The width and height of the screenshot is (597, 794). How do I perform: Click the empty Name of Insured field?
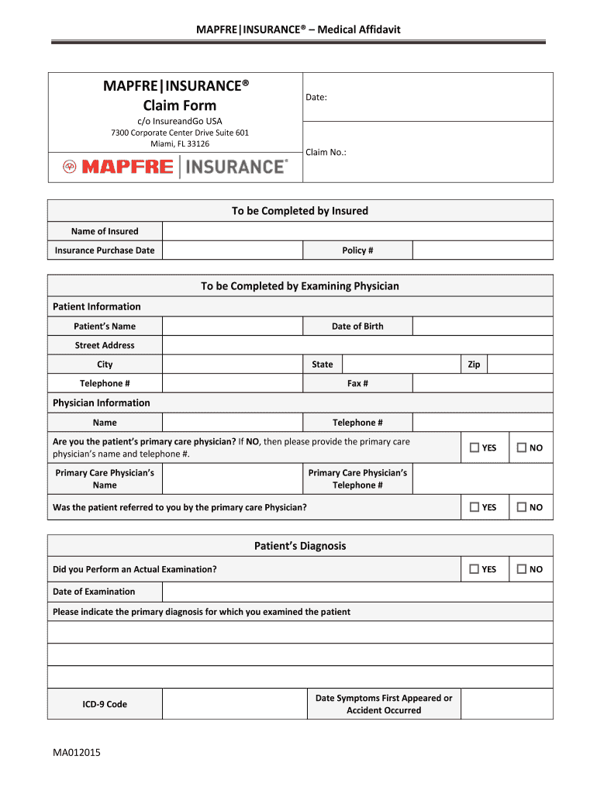357,231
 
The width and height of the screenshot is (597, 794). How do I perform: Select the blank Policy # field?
482,250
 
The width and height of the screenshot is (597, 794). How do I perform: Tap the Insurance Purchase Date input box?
232,250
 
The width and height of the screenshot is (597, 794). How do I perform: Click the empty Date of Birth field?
482,326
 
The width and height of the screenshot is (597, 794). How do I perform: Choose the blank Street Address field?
357,346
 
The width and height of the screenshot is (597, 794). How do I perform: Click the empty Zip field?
519,364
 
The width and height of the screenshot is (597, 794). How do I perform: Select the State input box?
401,364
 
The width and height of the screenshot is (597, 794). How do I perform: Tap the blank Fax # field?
482,384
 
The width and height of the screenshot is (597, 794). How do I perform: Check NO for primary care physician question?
522,447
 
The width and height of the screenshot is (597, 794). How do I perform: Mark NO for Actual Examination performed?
522,569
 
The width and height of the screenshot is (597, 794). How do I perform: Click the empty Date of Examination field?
357,592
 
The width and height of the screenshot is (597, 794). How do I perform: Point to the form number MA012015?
76,753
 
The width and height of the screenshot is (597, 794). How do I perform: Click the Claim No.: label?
326,153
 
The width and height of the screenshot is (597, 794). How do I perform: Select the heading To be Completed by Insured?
300,211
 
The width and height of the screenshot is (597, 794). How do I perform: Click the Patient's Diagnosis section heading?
300,546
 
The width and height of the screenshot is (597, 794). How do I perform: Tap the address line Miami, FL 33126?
179,143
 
